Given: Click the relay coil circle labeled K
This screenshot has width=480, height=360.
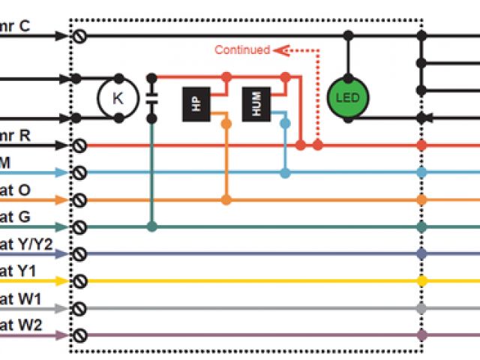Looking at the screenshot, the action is point(118,97).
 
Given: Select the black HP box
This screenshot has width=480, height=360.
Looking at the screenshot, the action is point(196,104).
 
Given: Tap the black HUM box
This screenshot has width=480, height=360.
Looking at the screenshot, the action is point(256,104).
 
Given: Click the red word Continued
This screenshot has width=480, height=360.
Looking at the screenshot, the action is point(242,50).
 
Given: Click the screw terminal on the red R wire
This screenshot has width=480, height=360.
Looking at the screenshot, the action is point(78,145).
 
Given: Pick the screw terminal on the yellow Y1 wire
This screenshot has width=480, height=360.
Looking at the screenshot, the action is point(78,281).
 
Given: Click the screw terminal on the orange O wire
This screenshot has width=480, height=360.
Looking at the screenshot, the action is point(78,199).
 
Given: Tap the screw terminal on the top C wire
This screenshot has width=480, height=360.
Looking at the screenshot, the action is point(78,35).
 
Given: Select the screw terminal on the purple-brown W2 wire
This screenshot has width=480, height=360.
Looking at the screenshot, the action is point(78,335).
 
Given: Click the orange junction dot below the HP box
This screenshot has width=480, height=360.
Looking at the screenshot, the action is point(226,199).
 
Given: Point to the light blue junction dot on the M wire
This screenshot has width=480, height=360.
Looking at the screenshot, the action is point(285,172).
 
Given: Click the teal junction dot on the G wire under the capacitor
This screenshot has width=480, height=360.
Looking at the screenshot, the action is point(151,226).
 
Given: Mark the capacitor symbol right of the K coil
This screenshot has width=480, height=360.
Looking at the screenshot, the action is point(151,97).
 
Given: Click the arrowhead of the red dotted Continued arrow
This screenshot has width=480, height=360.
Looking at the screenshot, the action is point(278,50).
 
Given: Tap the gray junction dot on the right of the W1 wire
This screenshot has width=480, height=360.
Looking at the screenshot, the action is point(421,308).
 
